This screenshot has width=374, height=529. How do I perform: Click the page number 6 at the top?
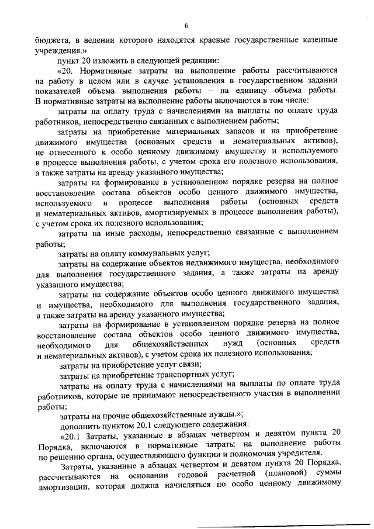coord(186,25)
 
